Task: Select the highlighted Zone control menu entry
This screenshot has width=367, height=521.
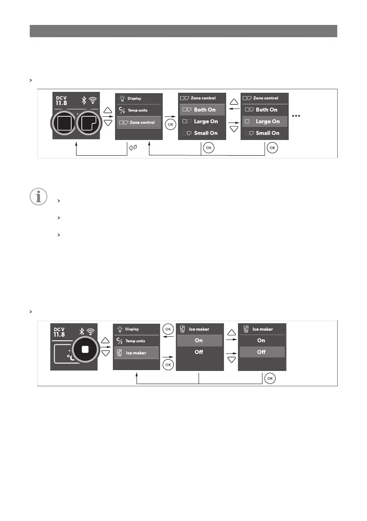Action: [x=139, y=122]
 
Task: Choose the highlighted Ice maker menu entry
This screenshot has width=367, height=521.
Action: [x=136, y=353]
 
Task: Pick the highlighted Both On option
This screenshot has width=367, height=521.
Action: [x=202, y=110]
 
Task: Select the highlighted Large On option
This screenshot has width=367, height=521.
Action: [x=264, y=122]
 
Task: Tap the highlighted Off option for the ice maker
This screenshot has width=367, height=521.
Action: [x=261, y=352]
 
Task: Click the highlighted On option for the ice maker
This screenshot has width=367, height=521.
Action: [x=199, y=340]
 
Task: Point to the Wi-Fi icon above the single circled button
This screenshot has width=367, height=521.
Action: [x=91, y=331]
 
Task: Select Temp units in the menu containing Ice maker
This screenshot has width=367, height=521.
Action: [x=136, y=341]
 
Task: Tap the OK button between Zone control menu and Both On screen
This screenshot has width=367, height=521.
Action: [x=171, y=124]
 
